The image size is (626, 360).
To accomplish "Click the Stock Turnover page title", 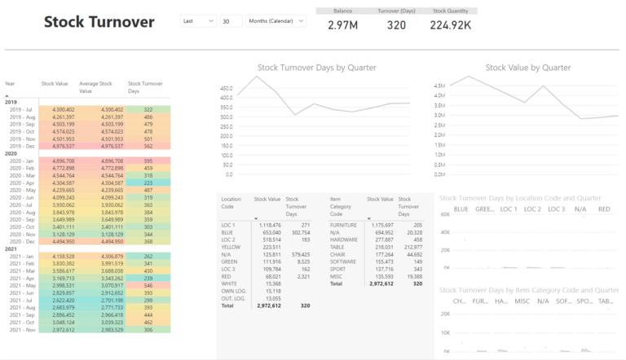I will [x=99, y=23].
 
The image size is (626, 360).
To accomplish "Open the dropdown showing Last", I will [x=198, y=21].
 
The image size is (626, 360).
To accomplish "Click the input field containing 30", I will [x=231, y=21].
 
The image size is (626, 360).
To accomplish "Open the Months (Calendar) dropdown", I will [x=275, y=21].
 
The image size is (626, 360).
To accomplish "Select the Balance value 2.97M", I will [x=342, y=25].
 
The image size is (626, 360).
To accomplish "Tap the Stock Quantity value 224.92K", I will [x=450, y=25].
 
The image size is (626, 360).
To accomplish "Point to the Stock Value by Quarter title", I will [x=527, y=68].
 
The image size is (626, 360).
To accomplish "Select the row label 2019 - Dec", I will [x=20, y=147].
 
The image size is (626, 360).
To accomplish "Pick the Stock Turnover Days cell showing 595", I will [x=148, y=161].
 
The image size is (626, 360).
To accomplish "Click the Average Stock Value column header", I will [x=95, y=86].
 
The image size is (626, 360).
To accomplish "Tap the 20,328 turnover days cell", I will [x=412, y=232].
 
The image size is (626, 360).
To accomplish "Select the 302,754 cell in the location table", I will [x=299, y=232].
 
